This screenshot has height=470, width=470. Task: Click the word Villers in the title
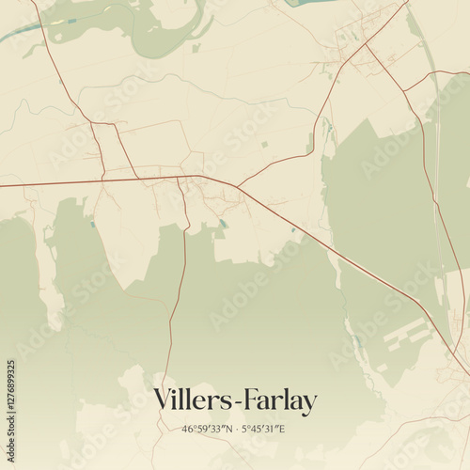point(193,400)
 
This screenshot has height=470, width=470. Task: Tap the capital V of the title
point(163,400)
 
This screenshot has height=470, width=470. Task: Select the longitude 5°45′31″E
point(263,430)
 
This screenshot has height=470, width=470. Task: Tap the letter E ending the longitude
point(283,430)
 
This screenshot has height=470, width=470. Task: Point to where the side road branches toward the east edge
point(405,90)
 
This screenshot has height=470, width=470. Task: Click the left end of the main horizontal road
point(3,185)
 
